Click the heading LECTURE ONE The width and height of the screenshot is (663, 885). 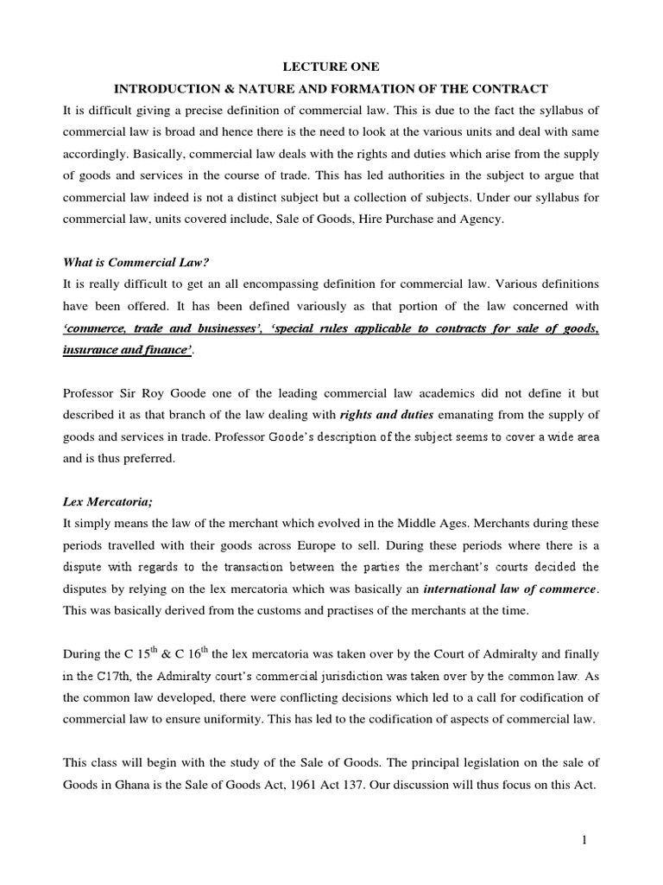[x=331, y=67]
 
